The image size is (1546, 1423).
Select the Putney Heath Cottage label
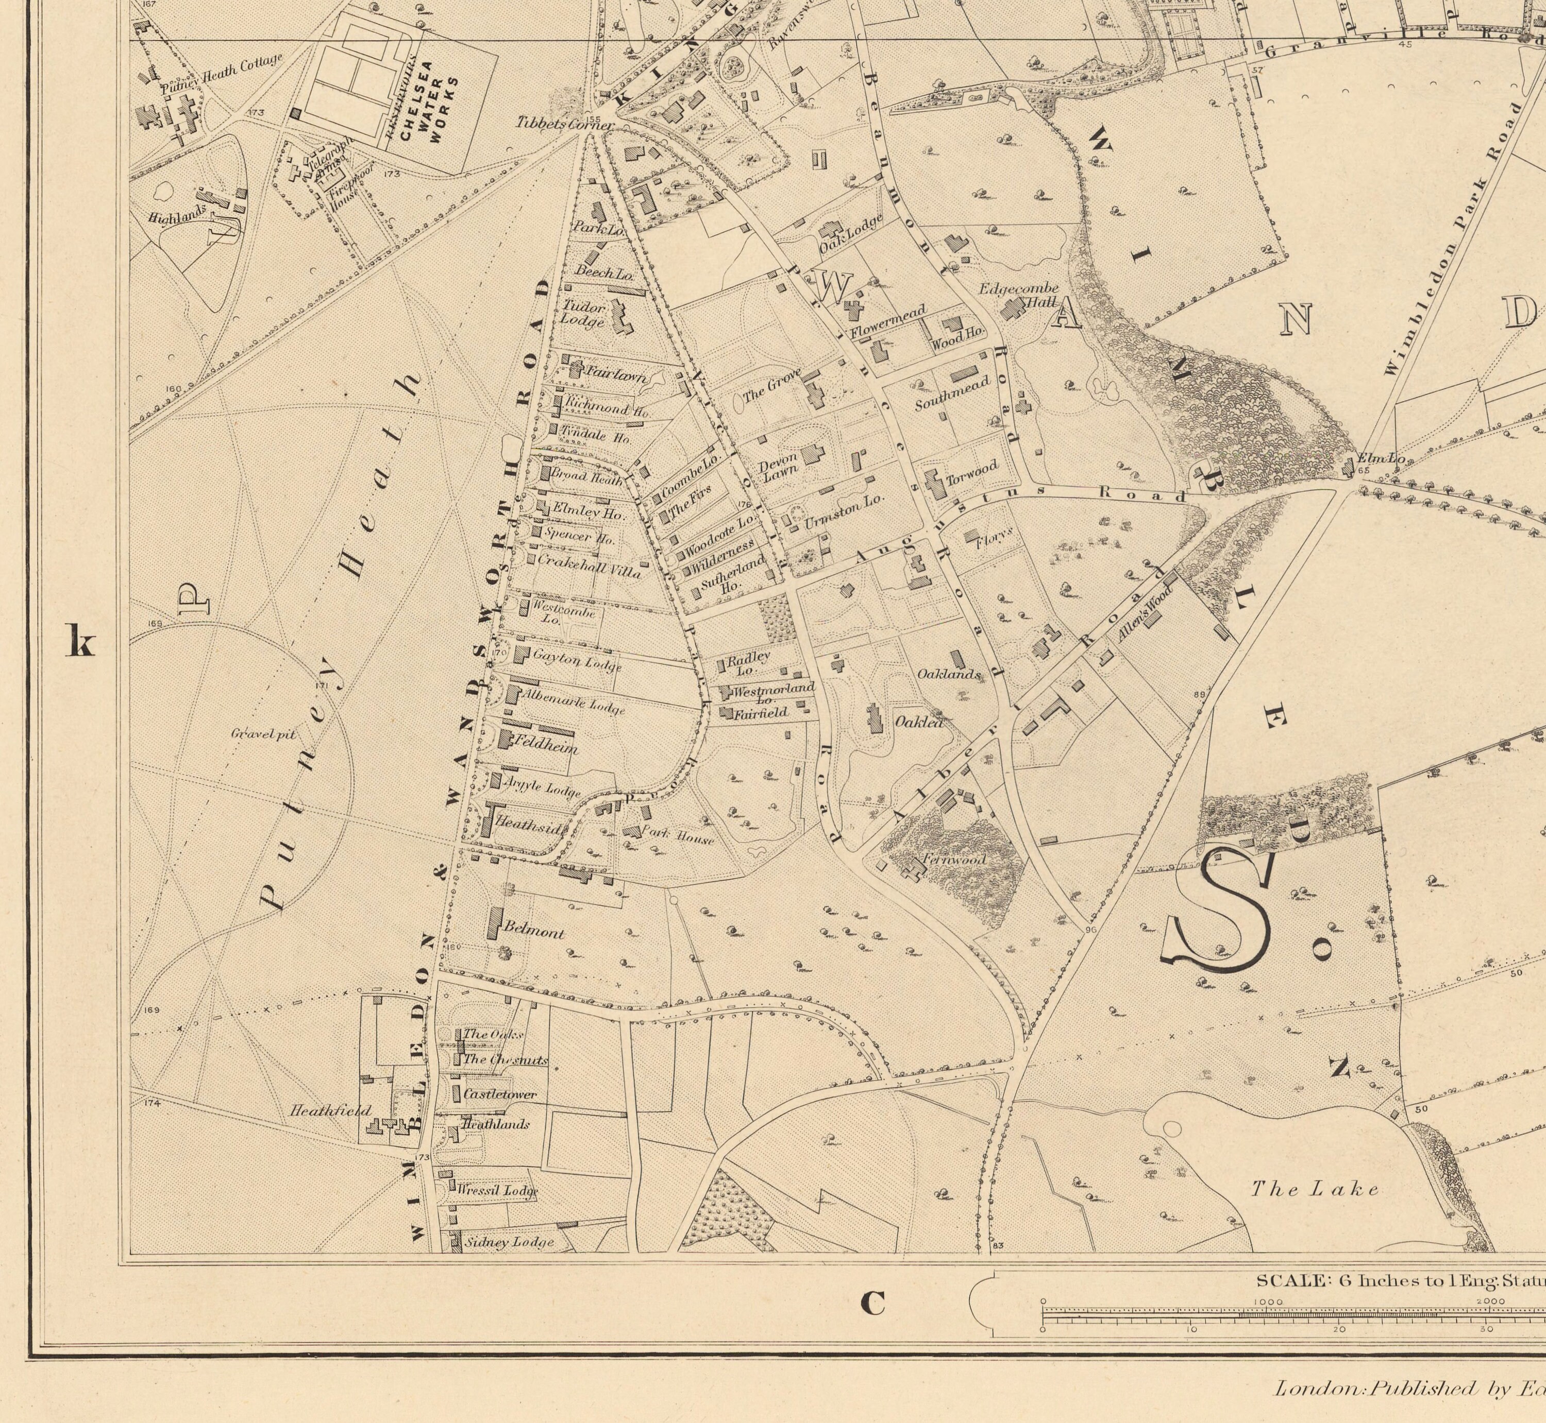tap(222, 75)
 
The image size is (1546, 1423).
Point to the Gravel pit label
tap(263, 734)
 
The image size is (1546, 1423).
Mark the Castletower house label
tap(500, 1094)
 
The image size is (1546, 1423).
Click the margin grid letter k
tap(80, 641)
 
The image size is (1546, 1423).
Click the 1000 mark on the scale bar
tap(1267, 1302)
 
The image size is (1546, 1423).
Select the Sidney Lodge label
tap(509, 1243)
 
